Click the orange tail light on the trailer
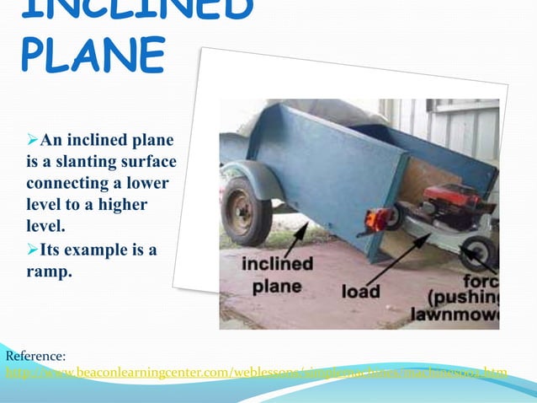[x=370, y=220]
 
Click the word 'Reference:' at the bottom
[x=35, y=357]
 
